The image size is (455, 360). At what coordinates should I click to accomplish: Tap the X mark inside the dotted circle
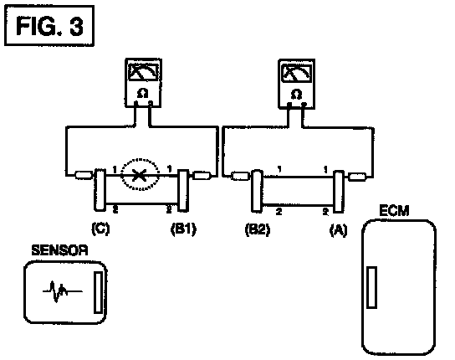pyautogui.click(x=139, y=175)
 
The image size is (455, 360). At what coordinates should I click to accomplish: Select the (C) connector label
pyautogui.click(x=100, y=229)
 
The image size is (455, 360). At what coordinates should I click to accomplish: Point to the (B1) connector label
pyautogui.click(x=183, y=229)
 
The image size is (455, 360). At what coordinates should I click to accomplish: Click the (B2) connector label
pyautogui.click(x=258, y=229)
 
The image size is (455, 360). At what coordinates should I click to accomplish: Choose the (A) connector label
pyautogui.click(x=339, y=230)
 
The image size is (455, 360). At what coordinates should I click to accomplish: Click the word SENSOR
pyautogui.click(x=59, y=250)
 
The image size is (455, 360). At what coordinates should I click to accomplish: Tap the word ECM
pyautogui.click(x=394, y=210)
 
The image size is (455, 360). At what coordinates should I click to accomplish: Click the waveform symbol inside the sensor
pyautogui.click(x=62, y=291)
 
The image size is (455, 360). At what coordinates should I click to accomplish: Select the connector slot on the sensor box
pyautogui.click(x=98, y=292)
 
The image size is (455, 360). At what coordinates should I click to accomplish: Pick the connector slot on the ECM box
pyautogui.click(x=371, y=287)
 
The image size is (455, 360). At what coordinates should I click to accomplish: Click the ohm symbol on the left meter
pyautogui.click(x=143, y=94)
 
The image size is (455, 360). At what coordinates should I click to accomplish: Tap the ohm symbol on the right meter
pyautogui.click(x=296, y=95)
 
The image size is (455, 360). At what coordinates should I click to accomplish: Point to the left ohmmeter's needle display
pyautogui.click(x=143, y=72)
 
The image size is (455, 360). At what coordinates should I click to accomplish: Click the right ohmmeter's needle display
pyautogui.click(x=297, y=73)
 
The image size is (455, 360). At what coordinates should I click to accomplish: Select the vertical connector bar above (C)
pyautogui.click(x=100, y=189)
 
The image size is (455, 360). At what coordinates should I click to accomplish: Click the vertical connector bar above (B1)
pyautogui.click(x=183, y=190)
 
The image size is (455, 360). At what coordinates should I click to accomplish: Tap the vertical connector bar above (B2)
pyautogui.click(x=257, y=191)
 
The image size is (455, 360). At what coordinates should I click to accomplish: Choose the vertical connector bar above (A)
pyautogui.click(x=339, y=192)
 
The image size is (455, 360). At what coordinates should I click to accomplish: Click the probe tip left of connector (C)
pyautogui.click(x=84, y=175)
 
